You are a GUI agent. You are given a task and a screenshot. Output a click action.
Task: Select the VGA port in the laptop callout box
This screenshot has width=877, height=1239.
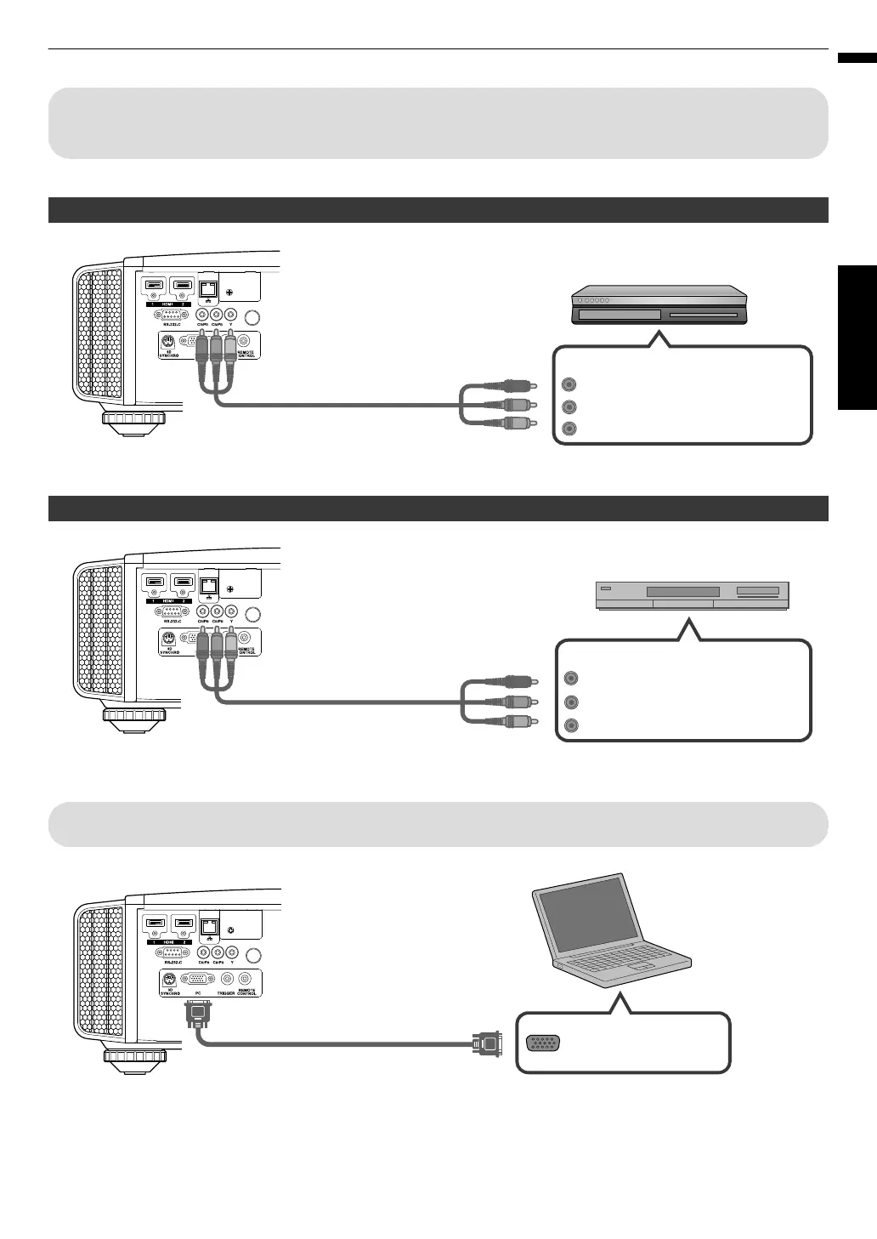(542, 1043)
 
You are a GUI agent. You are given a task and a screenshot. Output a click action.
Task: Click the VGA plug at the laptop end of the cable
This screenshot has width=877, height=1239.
(489, 1043)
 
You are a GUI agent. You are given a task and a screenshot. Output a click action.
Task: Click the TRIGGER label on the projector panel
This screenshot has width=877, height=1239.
(224, 992)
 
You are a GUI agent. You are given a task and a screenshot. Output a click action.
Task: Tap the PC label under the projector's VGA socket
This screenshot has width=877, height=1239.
(197, 992)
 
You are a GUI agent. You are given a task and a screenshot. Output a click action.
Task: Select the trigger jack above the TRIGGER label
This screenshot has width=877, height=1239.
(225, 979)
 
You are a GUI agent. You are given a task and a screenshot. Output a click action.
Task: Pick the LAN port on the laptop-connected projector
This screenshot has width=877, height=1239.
(207, 923)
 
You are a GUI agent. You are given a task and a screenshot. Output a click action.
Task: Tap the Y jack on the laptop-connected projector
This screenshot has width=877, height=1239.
(231, 953)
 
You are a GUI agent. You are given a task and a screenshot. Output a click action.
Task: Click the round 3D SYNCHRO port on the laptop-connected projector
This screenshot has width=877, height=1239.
(168, 978)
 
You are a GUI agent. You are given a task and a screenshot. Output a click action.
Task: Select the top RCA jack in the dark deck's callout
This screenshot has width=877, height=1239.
(569, 384)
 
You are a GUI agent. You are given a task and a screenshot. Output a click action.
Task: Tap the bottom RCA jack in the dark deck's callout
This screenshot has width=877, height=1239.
(569, 429)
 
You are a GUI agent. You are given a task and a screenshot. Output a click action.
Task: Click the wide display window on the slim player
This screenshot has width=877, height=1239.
(682, 591)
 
